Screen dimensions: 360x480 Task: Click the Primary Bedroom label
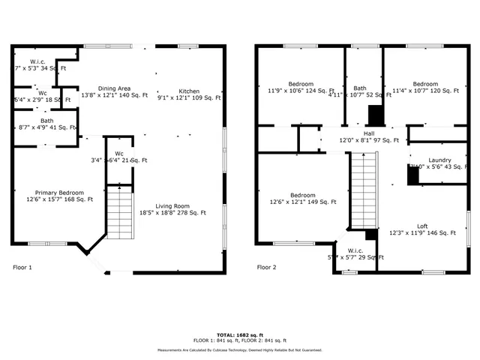point(54,196)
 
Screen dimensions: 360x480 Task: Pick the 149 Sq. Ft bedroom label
point(302,197)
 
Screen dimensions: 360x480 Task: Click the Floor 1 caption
point(23,267)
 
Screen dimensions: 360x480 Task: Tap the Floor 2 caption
point(266,267)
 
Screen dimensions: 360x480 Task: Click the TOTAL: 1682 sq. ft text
point(239,334)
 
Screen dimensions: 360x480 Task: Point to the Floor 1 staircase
point(119,212)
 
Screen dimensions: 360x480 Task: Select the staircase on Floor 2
point(362,190)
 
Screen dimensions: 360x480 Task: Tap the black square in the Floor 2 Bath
point(376,115)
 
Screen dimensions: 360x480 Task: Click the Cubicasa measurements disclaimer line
point(239,350)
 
